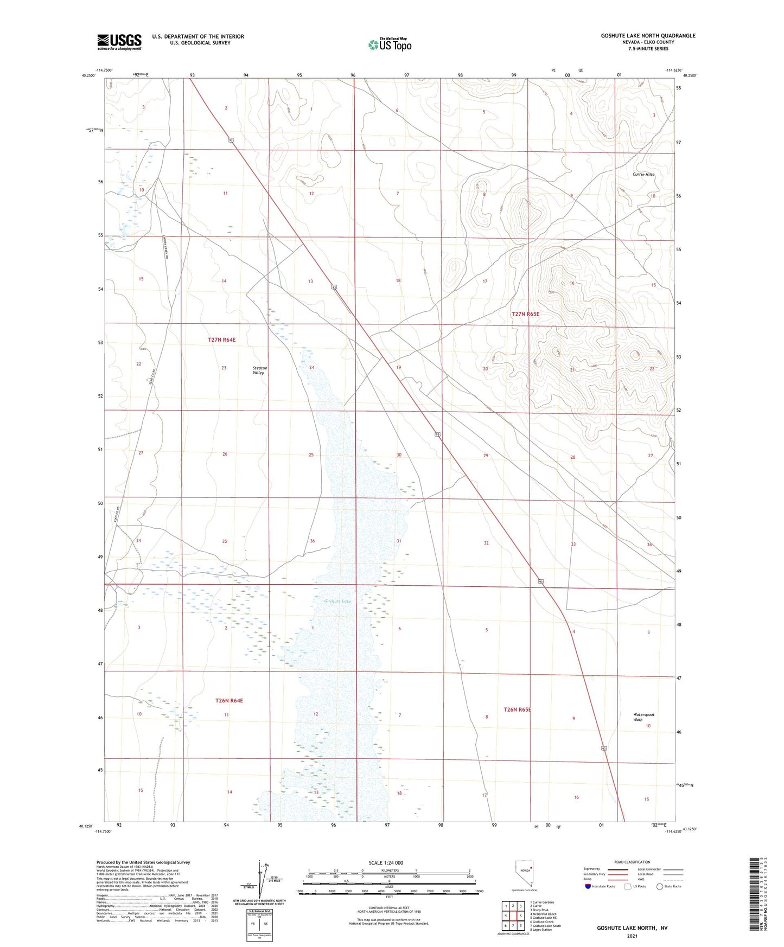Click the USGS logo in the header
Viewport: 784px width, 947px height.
[119, 42]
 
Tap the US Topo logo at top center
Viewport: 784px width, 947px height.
[390, 44]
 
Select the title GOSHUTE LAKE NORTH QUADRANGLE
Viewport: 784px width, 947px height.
[648, 36]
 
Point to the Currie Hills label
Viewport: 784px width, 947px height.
[643, 175]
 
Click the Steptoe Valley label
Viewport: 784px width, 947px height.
[260, 370]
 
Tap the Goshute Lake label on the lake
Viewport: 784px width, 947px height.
[337, 601]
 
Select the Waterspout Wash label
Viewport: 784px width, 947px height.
[643, 717]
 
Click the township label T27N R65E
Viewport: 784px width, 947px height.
[525, 314]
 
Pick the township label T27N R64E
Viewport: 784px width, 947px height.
[222, 340]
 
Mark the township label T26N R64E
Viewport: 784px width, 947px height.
[229, 701]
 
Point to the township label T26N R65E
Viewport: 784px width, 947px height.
[517, 709]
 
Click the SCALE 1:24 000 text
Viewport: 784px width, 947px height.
[386, 863]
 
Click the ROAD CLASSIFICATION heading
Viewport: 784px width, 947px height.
[632, 862]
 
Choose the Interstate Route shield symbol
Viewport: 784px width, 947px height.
[588, 886]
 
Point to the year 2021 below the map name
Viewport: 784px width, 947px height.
[632, 936]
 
